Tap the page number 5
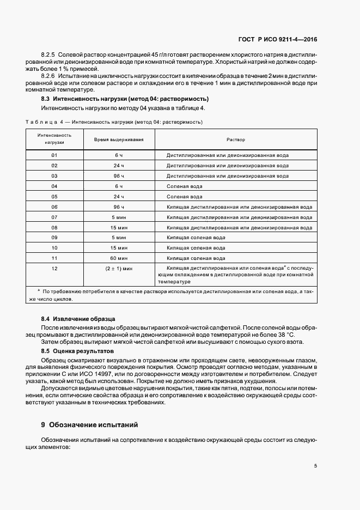coord(315,466)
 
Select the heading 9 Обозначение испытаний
coord(90,424)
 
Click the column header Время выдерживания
coord(119,139)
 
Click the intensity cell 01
coord(54,155)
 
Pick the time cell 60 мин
coord(119,258)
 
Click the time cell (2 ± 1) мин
coord(119,269)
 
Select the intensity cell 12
coord(54,269)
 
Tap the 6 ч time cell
coord(119,155)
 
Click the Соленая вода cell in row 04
coord(185,186)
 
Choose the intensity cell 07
coord(54,217)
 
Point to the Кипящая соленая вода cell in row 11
coord(196,258)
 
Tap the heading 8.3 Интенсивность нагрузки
coord(125,99)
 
